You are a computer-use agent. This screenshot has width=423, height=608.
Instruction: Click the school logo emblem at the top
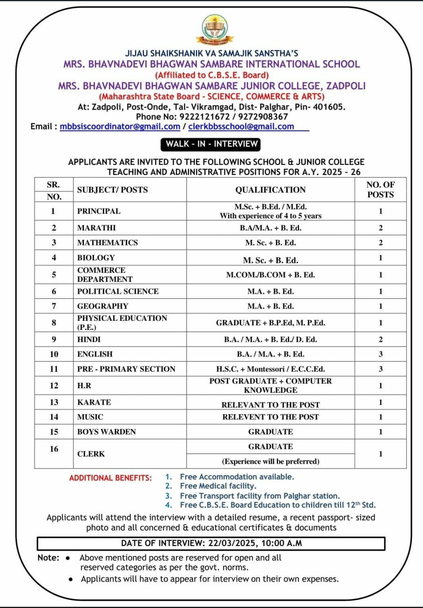214,29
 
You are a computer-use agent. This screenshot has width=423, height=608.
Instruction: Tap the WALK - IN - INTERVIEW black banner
211,144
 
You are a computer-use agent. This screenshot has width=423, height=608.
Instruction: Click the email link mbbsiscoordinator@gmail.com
120,127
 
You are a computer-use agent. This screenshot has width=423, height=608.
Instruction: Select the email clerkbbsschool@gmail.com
241,127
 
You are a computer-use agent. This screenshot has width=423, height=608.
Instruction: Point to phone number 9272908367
263,116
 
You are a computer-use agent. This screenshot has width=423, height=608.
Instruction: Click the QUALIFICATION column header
270,190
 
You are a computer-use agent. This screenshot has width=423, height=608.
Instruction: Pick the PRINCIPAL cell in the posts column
99,211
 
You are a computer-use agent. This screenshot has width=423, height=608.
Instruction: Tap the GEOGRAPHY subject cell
103,306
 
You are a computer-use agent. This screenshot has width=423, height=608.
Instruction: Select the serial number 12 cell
54,385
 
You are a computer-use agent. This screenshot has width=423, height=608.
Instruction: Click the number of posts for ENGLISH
380,354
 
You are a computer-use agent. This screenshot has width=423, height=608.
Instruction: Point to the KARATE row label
94,402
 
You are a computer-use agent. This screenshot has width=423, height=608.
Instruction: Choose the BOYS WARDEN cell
107,432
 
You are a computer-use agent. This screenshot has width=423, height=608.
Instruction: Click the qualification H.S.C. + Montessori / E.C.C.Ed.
270,369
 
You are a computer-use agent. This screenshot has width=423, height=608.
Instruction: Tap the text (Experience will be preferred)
270,461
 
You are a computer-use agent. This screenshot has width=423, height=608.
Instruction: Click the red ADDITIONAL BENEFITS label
110,478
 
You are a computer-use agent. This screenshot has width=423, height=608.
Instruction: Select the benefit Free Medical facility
218,486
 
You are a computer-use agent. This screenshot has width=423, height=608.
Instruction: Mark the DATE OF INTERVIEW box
211,543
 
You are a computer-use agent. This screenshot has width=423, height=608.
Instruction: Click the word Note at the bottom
48,558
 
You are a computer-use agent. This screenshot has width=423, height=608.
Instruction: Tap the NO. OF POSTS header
380,190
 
